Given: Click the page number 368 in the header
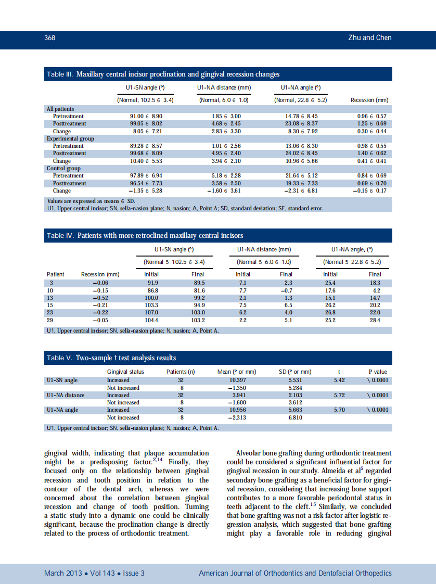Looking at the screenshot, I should pyautogui.click(x=49, y=37).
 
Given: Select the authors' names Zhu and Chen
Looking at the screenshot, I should pyautogui.click(x=369, y=37).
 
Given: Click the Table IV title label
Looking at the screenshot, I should pyautogui.click(x=60, y=236).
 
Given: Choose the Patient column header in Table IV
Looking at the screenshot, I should pyautogui.click(x=56, y=274).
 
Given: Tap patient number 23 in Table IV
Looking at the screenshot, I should pyautogui.click(x=50, y=312).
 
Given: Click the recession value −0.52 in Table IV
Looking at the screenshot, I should pyautogui.click(x=100, y=297).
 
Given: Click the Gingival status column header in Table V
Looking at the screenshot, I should pyautogui.click(x=125, y=372).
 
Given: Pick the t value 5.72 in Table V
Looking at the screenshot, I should pyautogui.click(x=339, y=395).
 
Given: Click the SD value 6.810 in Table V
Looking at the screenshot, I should pyautogui.click(x=295, y=417).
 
